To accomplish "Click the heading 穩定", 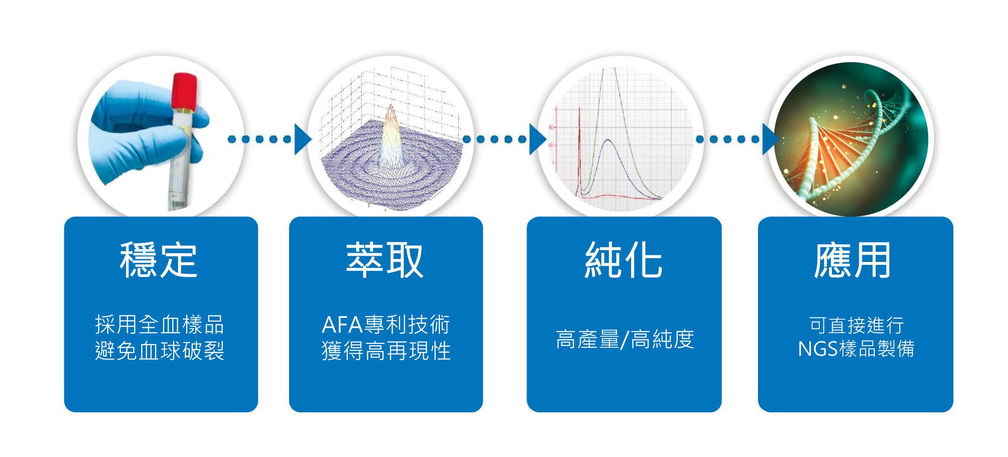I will pyautogui.click(x=158, y=260).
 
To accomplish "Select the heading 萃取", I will pyautogui.click(x=384, y=260).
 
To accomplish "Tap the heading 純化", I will pyautogui.click(x=624, y=260).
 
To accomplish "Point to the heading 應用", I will pyautogui.click(x=853, y=260).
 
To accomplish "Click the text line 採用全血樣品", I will pyautogui.click(x=159, y=325).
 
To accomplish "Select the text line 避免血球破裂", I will pyautogui.click(x=159, y=351).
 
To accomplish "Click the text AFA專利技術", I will pyautogui.click(x=386, y=325).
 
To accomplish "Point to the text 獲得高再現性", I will pyautogui.click(x=386, y=351).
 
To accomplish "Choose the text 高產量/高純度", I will pyautogui.click(x=624, y=339).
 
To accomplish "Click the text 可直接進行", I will pyautogui.click(x=856, y=325).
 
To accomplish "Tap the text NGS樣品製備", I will pyautogui.click(x=856, y=349).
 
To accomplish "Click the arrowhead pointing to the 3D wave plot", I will pyautogui.click(x=302, y=139).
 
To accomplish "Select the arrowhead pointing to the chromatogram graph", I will pyautogui.click(x=537, y=139).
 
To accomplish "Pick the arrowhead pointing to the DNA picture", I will pyautogui.click(x=770, y=139).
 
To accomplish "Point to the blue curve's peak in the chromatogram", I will pyautogui.click(x=608, y=140).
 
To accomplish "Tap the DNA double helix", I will pyautogui.click(x=845, y=143).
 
